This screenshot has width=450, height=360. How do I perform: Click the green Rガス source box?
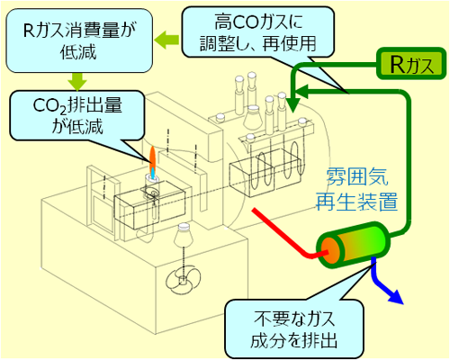pyautogui.click(x=411, y=64)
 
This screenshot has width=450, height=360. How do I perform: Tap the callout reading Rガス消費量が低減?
pyautogui.click(x=79, y=40)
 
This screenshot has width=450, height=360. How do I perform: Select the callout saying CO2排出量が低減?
pyautogui.click(x=77, y=115)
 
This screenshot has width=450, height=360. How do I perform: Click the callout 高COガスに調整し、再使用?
pyautogui.click(x=258, y=32)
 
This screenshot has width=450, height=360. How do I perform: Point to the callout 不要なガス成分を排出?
pyautogui.click(x=294, y=329)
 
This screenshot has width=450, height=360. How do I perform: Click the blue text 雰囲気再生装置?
pyautogui.click(x=357, y=189)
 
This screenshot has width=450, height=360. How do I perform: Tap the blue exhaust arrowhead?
pyautogui.click(x=395, y=296)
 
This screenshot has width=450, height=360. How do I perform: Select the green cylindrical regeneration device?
pyautogui.click(x=354, y=246)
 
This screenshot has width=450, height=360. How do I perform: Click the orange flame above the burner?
pyautogui.click(x=152, y=160)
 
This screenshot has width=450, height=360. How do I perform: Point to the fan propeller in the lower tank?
pyautogui.click(x=183, y=281)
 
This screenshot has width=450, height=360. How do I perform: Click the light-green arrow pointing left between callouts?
pyautogui.click(x=166, y=40)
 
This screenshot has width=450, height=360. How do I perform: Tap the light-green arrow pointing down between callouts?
pyautogui.click(x=77, y=81)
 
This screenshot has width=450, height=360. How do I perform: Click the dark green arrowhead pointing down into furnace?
pyautogui.click(x=292, y=105)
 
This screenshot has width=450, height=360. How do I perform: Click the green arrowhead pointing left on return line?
pyautogui.click(x=302, y=90)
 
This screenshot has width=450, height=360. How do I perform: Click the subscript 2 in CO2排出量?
pyautogui.click(x=62, y=111)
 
